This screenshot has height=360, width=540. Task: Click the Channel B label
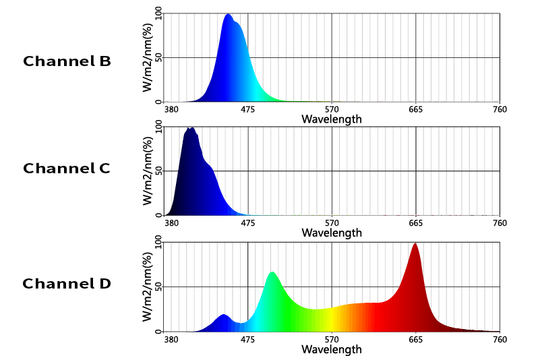tap(67, 61)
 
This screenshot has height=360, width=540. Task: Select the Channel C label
tap(67, 168)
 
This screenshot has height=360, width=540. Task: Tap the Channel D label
tap(67, 284)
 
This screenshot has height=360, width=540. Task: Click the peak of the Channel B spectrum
tap(228, 14)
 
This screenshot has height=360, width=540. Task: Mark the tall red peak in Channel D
tap(415, 244)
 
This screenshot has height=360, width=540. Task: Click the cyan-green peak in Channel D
tap(272, 272)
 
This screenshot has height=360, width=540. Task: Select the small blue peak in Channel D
tap(224, 315)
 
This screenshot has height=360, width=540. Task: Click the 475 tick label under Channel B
tap(247, 109)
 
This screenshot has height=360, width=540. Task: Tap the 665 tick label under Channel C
tap(416, 223)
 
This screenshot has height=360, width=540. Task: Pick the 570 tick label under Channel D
tap(332, 340)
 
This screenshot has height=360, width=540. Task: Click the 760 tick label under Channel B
tap(500, 109)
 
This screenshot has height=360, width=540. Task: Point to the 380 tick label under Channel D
tap(171, 340)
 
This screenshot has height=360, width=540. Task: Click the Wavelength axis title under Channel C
tap(332, 233)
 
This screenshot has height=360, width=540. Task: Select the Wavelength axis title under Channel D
tap(332, 349)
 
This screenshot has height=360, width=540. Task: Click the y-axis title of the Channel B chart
tap(148, 57)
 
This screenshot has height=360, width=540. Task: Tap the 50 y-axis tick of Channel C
tap(158, 171)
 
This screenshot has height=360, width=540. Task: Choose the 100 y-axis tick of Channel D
tap(158, 242)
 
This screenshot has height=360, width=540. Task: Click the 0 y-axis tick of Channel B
tap(158, 102)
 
